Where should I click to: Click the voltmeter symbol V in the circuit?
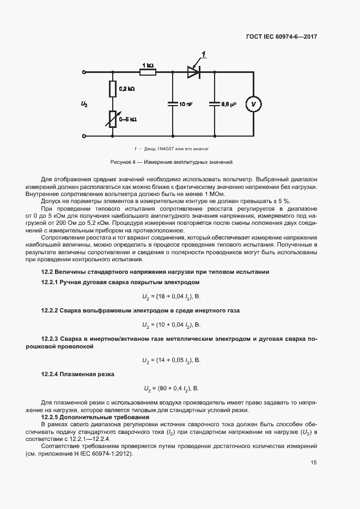click(253, 103)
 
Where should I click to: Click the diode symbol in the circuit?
click(193, 71)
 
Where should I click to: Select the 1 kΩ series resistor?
click(148, 71)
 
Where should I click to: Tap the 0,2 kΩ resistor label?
click(126, 88)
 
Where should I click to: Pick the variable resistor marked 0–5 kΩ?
click(113, 119)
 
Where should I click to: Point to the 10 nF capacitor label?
click(186, 103)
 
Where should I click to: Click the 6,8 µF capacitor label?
click(228, 103)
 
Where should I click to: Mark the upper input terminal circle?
click(84, 71)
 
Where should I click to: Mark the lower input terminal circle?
click(84, 136)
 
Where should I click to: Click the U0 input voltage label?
click(84, 103)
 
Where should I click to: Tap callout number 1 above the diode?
click(203, 53)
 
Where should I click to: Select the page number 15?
click(314, 463)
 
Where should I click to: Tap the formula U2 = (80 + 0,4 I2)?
click(172, 389)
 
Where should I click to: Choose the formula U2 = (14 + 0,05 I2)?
click(172, 360)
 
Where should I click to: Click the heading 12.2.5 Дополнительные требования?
click(85, 416)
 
